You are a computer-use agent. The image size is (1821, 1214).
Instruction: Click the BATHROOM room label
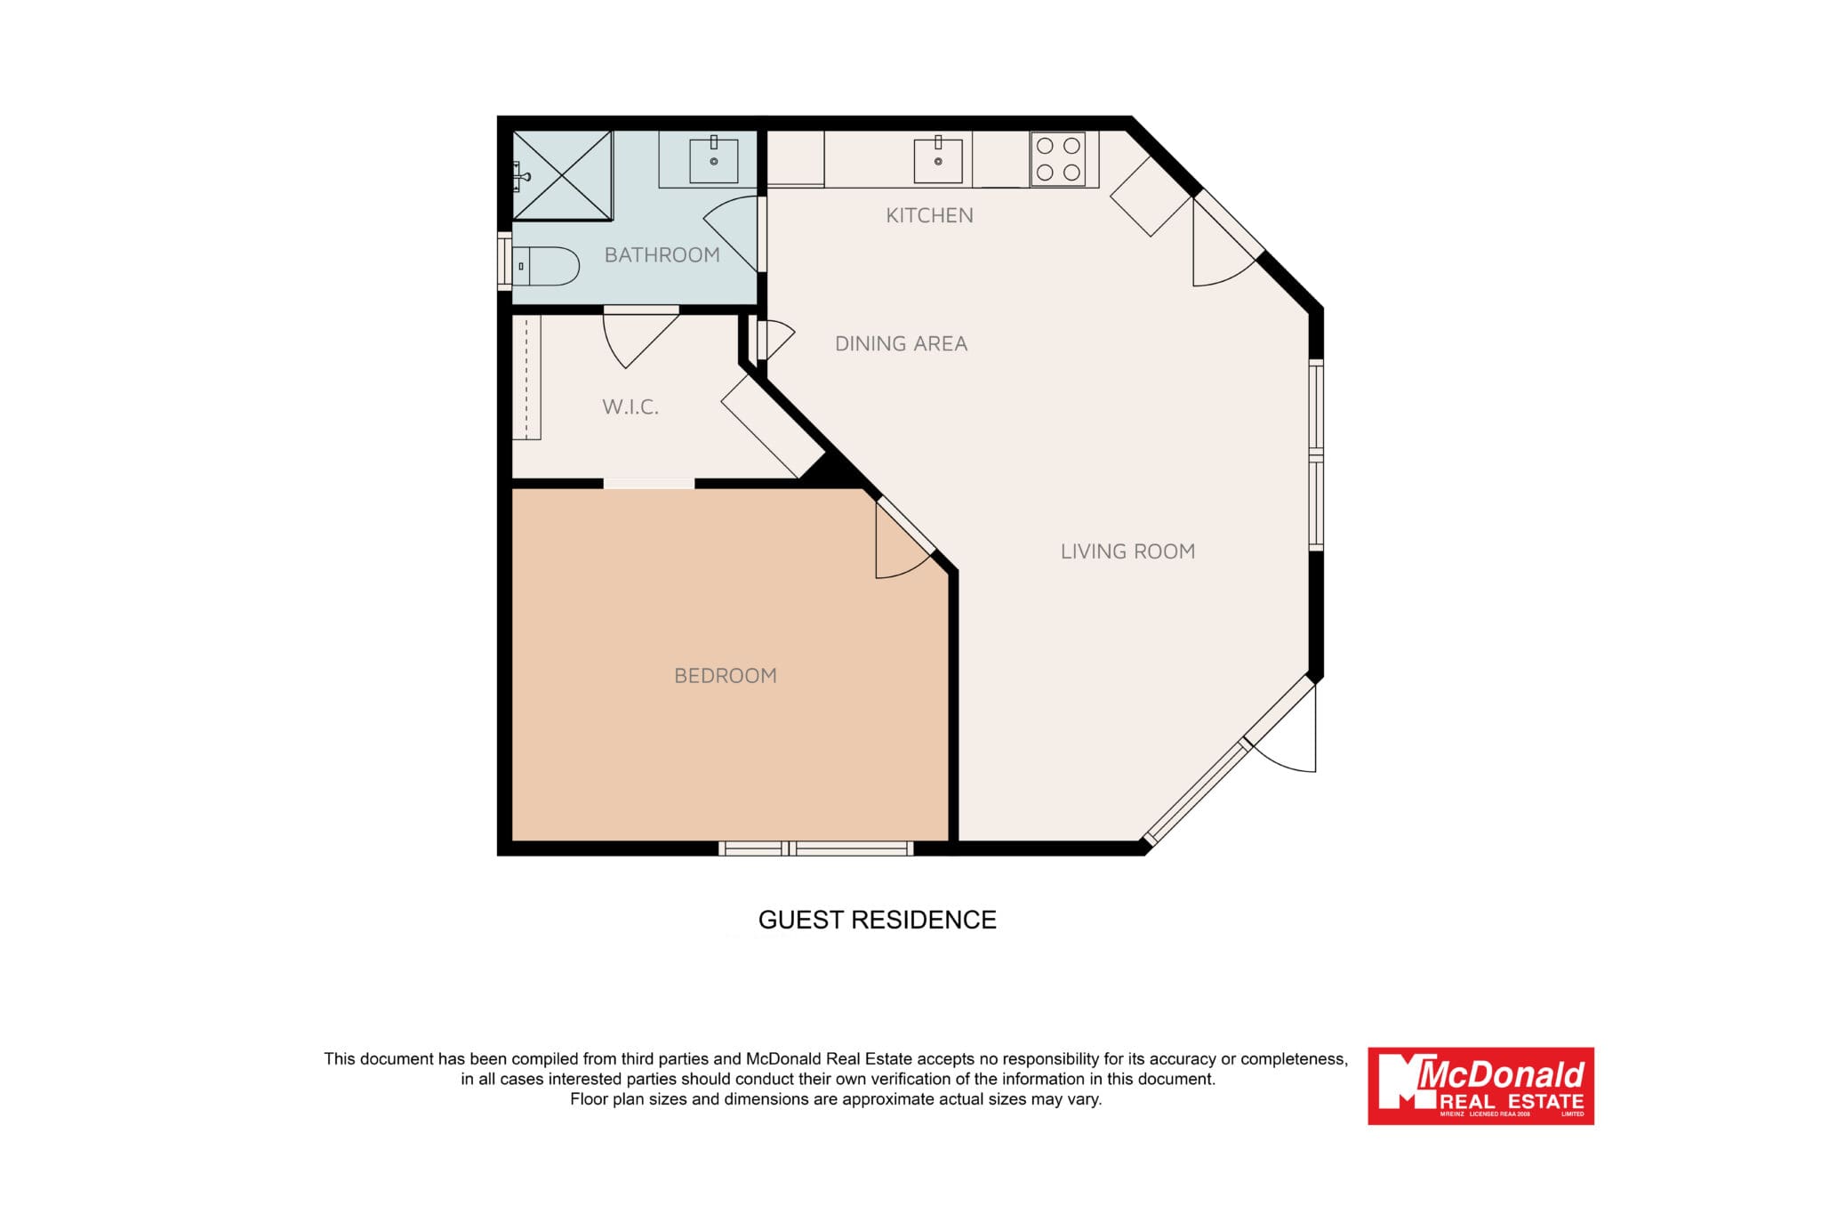(x=662, y=255)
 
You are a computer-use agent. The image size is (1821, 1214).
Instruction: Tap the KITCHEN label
(x=929, y=215)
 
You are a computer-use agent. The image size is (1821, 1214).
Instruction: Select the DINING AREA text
(x=901, y=343)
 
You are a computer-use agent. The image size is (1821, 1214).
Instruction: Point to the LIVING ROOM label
(x=1127, y=551)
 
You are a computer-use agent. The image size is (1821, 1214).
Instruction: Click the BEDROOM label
(x=726, y=676)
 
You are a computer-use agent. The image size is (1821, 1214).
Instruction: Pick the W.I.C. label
(x=630, y=407)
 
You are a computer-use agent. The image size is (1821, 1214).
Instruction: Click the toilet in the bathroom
(x=545, y=266)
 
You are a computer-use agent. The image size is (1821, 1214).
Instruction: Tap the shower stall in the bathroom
(x=562, y=175)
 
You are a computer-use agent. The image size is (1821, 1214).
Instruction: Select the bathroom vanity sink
(x=714, y=161)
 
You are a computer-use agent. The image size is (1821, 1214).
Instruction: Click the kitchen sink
(x=938, y=161)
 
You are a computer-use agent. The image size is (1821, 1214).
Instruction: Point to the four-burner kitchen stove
(x=1058, y=159)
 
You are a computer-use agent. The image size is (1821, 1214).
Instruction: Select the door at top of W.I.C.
(x=640, y=337)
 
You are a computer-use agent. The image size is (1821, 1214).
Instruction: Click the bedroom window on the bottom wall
(x=816, y=848)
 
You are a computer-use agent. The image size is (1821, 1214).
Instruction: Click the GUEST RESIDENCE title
(x=877, y=920)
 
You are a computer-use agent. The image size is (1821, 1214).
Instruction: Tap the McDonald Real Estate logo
(x=1480, y=1086)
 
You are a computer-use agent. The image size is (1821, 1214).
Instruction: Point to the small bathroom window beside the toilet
(x=504, y=261)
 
